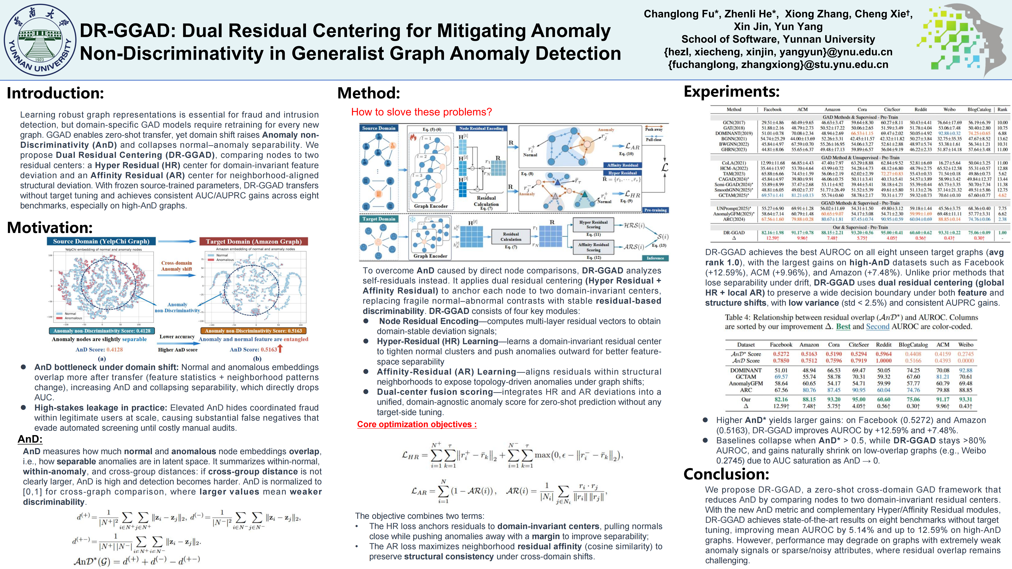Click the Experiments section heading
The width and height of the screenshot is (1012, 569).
(732, 91)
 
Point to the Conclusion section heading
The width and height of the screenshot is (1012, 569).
(726, 474)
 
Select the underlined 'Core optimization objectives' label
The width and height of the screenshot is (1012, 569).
(417, 425)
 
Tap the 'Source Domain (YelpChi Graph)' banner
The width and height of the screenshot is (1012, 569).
(101, 241)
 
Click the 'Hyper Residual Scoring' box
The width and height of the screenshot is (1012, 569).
(593, 225)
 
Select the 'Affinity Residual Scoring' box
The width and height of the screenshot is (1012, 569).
(593, 247)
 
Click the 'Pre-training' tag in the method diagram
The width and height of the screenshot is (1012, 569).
(655, 210)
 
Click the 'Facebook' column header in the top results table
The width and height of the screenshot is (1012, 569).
(772, 110)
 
